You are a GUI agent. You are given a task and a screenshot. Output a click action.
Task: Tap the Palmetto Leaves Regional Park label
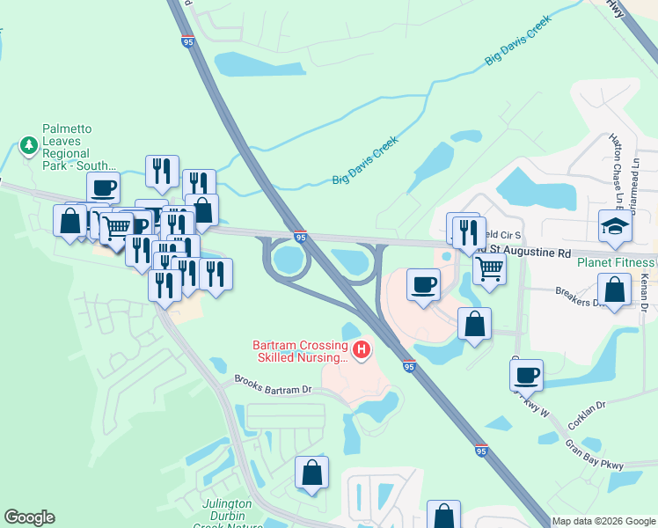tap(79, 147)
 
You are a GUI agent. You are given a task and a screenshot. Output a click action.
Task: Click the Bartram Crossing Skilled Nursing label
tap(301, 351)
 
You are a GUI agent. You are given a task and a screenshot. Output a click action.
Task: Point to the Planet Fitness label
tap(617, 261)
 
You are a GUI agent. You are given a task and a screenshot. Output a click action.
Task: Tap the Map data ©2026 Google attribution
tap(603, 521)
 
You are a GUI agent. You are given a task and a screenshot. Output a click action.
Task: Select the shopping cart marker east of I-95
tap(489, 268)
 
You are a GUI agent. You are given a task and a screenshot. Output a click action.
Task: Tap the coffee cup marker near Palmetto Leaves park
tap(103, 188)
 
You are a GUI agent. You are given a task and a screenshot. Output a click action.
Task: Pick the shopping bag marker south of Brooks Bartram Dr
tap(311, 473)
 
